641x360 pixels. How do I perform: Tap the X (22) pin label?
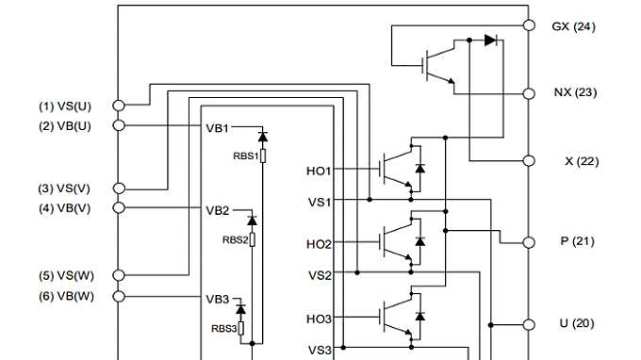575,161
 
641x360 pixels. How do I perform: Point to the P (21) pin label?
576,241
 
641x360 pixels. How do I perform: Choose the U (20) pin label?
576,323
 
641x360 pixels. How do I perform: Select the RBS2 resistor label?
235,240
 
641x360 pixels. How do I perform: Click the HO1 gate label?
319,171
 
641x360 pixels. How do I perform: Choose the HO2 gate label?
319,244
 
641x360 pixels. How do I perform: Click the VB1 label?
218,126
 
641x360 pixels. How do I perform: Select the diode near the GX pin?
490,41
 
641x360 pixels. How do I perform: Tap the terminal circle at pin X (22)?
529,161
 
